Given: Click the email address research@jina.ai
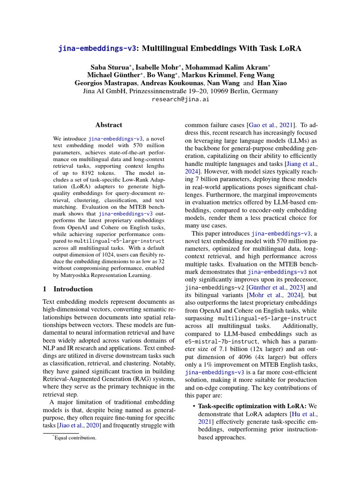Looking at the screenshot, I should tap(180, 99).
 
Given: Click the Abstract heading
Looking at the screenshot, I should tap(109, 125).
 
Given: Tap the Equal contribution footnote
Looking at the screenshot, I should tap(75, 438).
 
